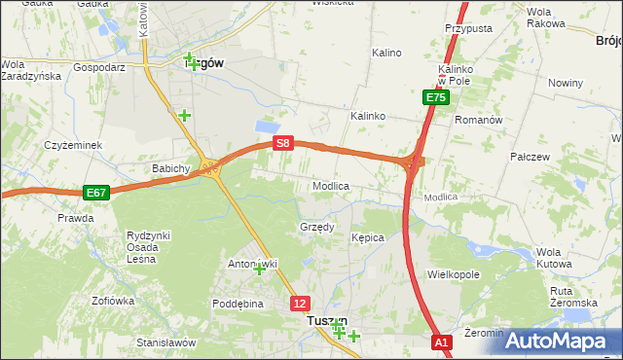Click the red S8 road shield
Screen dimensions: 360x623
(282, 143)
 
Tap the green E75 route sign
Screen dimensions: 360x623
(435, 98)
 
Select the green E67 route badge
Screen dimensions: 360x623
(95, 193)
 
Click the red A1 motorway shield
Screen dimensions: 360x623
(442, 342)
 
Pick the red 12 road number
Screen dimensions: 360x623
(301, 304)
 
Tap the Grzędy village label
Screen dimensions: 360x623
(316, 228)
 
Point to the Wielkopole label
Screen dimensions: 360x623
(454, 274)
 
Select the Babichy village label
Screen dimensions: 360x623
(169, 168)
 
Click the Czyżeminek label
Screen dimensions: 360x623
(73, 145)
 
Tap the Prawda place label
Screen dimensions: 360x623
(75, 218)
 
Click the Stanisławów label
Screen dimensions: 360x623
(166, 342)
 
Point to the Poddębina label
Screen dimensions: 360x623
(238, 303)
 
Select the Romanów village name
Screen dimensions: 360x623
(478, 120)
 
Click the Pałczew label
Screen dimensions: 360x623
(531, 156)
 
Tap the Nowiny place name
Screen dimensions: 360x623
(565, 84)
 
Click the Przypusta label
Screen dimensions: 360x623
(468, 29)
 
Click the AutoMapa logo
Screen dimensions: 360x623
(560, 341)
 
